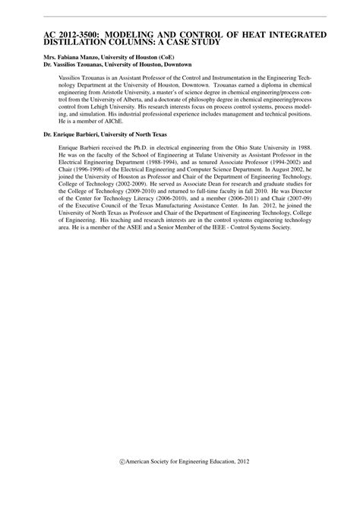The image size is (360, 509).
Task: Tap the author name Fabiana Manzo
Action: (x=70, y=58)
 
